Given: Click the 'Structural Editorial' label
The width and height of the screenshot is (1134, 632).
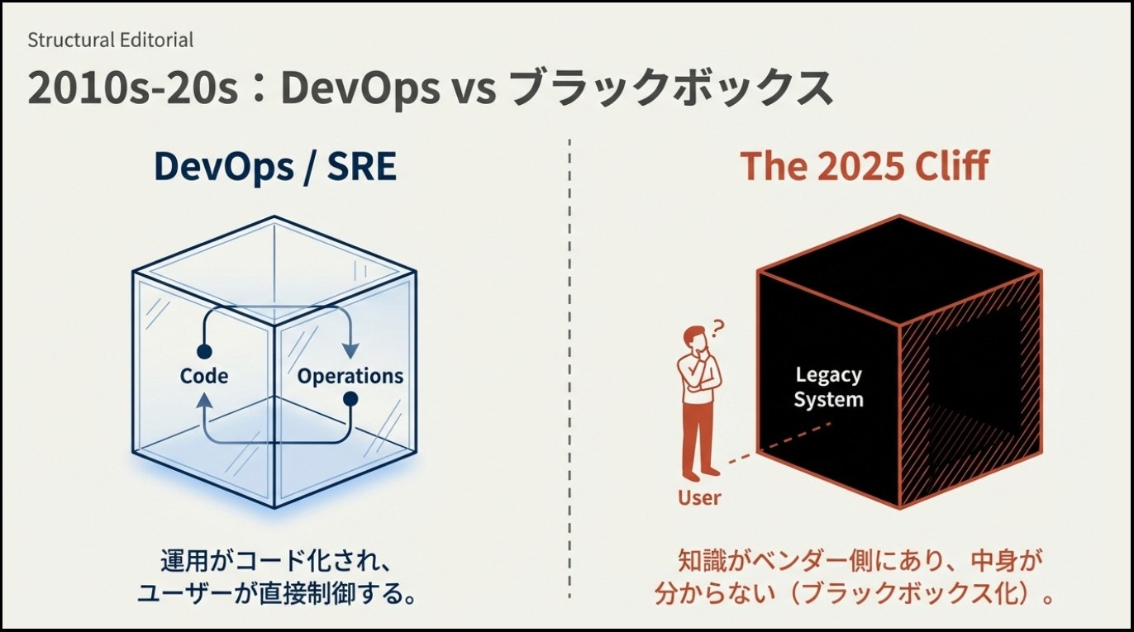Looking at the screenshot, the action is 111,40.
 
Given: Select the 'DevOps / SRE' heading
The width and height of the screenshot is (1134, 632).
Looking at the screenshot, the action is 275,167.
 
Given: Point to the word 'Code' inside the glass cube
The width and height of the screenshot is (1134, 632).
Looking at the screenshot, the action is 204,376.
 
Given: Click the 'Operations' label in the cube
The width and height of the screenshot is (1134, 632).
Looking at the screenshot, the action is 350,377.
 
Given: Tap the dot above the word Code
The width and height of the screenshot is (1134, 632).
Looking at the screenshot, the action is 204,350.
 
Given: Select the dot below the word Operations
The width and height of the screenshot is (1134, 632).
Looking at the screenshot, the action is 350,399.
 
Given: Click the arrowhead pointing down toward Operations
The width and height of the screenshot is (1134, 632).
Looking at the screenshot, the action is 350,350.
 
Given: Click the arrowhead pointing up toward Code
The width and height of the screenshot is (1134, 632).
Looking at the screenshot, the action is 204,400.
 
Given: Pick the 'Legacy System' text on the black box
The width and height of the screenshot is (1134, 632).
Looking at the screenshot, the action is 828,387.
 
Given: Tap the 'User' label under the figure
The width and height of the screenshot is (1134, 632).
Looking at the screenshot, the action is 699,498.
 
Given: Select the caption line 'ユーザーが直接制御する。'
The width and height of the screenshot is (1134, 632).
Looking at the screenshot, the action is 277,593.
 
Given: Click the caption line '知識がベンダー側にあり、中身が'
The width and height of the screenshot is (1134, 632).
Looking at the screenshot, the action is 860,561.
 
